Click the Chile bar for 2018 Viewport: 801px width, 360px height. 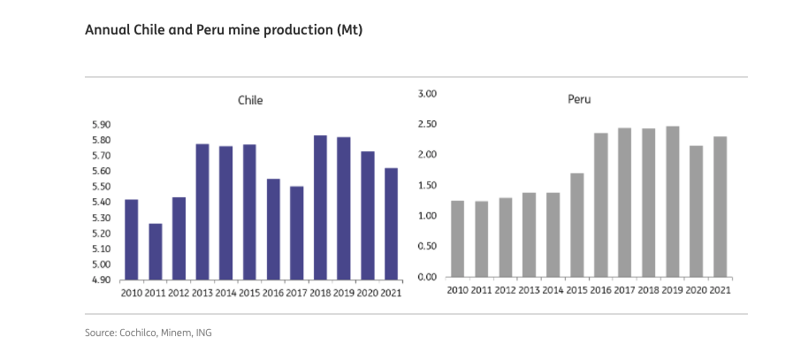tap(320, 208)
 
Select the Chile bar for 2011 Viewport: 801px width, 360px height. tap(156, 251)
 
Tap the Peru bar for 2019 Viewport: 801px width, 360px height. tap(673, 202)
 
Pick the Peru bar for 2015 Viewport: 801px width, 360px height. tap(577, 225)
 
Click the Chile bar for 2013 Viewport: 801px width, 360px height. tap(202, 212)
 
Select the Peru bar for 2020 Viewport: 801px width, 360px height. tap(697, 211)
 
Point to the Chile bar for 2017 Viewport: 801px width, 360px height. tap(297, 234)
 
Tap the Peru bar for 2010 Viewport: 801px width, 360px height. tap(458, 239)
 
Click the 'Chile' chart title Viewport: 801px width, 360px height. tap(250, 100)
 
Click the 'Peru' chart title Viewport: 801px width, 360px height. tap(579, 99)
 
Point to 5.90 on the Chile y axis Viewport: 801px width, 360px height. tap(102, 125)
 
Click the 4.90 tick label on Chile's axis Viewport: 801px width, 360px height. tap(102, 280)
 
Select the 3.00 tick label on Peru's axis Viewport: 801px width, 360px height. tap(427, 94)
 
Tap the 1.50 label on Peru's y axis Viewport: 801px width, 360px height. tap(427, 185)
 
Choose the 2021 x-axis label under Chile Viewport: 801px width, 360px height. tap(392, 293)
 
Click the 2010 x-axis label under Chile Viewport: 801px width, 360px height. tap(131, 293)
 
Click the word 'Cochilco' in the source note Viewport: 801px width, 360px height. tap(139, 333)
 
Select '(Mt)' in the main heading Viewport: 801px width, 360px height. tap(349, 30)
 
